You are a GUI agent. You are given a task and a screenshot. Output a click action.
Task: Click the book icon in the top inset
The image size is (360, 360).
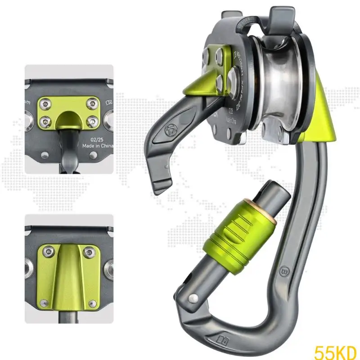coord(108,103)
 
